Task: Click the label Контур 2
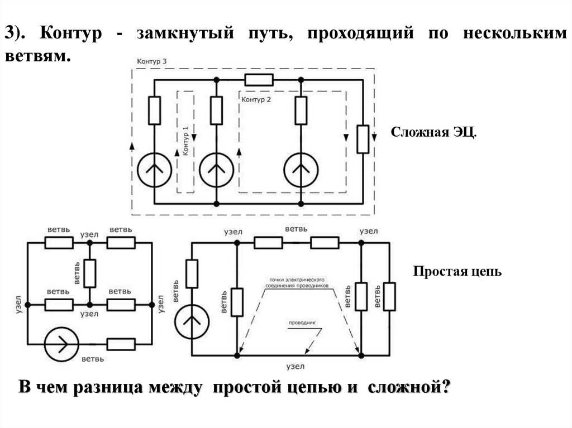pos(256,100)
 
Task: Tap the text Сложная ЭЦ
pos(433,133)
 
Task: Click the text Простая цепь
pos(457,272)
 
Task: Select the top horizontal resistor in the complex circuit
pos(259,80)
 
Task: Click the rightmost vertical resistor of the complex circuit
pos(363,139)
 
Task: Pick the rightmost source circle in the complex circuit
pos(301,168)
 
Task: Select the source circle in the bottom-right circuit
pos(192,322)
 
